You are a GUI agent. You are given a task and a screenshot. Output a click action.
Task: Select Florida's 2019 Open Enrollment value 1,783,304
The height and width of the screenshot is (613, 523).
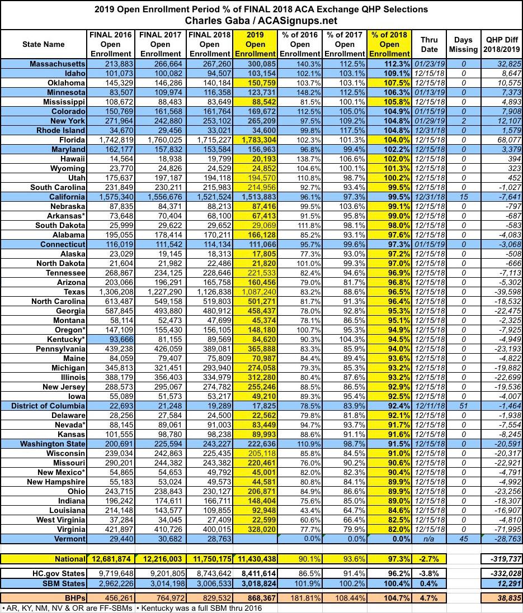(x=256, y=139)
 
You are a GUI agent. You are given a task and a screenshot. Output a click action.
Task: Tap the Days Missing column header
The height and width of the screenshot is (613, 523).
(x=464, y=44)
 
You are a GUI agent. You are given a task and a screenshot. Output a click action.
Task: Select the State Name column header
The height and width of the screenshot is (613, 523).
(x=44, y=44)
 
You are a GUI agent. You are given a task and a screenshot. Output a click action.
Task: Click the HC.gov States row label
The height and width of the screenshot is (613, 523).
(x=58, y=574)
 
